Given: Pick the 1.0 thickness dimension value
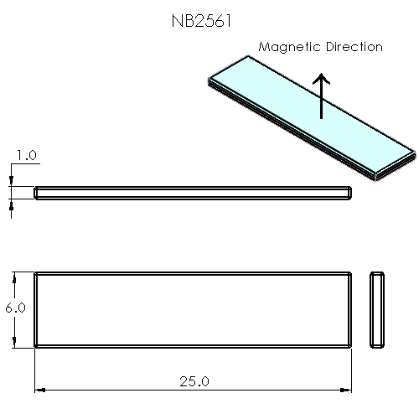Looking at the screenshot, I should tap(27, 156).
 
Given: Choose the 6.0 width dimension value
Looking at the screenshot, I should tap(15, 308).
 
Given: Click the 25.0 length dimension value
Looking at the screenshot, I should tap(194, 381).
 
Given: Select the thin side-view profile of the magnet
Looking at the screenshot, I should tap(193, 194).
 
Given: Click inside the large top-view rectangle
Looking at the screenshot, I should tap(193, 308).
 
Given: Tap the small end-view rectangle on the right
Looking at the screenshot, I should tap(378, 308).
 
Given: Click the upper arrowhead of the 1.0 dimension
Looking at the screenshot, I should tap(11, 182).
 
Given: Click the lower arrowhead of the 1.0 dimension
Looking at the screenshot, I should tap(11, 204).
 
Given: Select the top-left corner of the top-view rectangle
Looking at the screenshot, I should tap(36, 273).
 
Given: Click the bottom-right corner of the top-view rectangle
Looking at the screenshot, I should tap(349, 344).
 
